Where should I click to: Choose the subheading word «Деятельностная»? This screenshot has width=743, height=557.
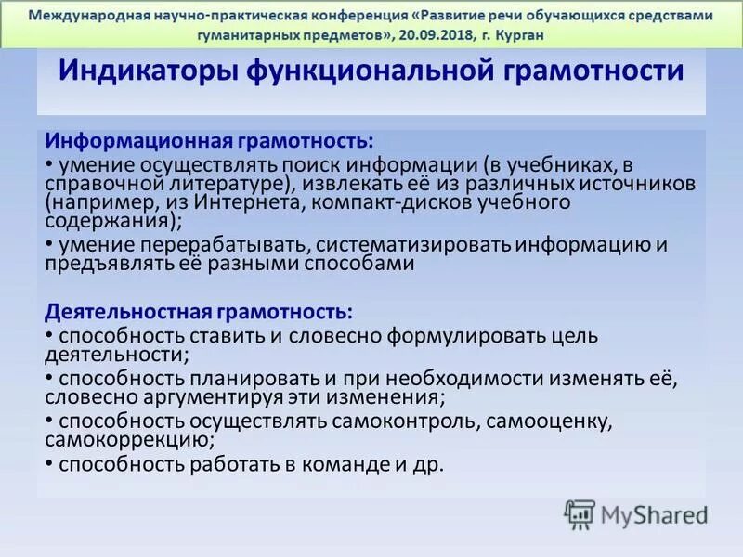tap(137, 311)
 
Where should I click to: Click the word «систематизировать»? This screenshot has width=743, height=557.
tap(403, 244)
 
